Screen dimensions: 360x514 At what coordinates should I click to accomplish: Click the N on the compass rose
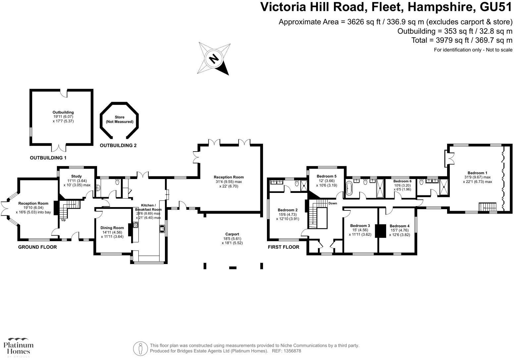[x=214, y=59]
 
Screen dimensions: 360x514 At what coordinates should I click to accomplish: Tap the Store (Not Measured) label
[x=120, y=119]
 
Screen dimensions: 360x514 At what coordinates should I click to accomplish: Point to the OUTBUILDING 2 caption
[x=118, y=146]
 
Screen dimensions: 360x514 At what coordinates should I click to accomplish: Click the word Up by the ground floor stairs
[x=63, y=220]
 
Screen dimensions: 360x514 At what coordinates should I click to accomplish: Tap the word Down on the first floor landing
[x=333, y=203]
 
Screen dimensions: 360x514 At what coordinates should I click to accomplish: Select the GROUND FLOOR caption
[x=37, y=247]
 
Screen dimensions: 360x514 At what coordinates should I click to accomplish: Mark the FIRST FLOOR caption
[x=283, y=247]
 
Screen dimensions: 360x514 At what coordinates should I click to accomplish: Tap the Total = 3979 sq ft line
[x=462, y=40]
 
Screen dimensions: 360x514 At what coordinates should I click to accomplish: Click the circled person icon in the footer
[x=140, y=348]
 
